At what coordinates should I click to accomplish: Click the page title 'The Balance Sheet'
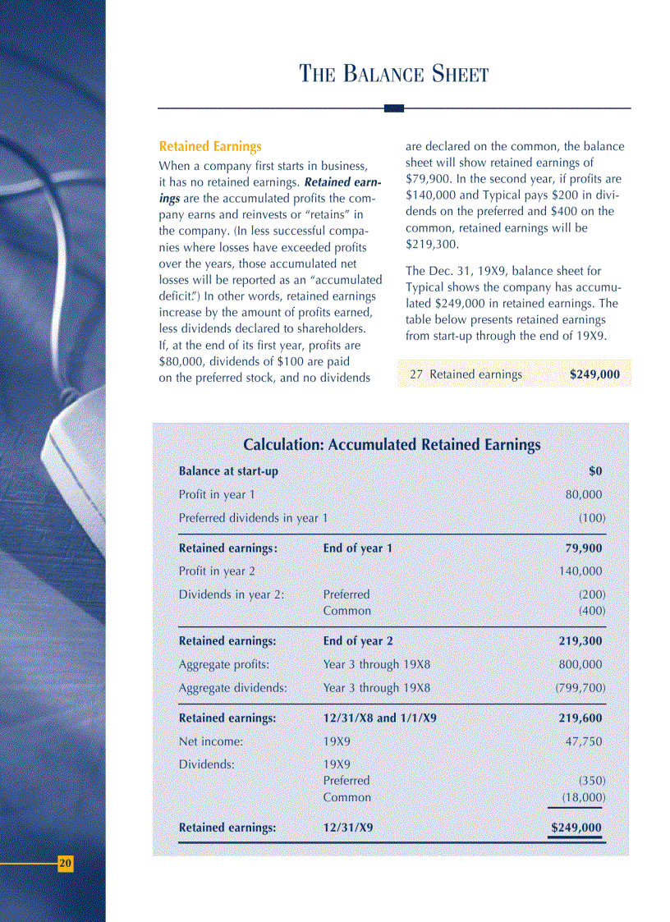coord(394,75)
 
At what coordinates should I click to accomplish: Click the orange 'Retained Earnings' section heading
coord(210,147)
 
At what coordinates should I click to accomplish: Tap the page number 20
coord(66,863)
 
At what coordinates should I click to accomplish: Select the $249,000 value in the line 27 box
coord(594,374)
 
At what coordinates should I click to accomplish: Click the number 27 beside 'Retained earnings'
coord(416,374)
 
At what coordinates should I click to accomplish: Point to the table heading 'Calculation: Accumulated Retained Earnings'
coord(392,445)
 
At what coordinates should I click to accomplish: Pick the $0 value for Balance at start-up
coord(595,471)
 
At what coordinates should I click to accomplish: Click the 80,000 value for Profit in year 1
coord(584,494)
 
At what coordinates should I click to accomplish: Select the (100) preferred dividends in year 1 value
coord(592,518)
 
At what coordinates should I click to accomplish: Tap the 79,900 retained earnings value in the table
coord(583,548)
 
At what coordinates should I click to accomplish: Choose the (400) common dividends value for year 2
coord(592,611)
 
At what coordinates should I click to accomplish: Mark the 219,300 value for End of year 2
coord(581,641)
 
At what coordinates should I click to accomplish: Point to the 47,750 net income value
coord(584,741)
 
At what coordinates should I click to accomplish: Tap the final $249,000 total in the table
coord(576,828)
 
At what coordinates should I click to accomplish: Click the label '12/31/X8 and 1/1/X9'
coord(379,718)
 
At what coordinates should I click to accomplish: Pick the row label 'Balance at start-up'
coord(228,471)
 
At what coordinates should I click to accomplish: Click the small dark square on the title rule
coord(394,108)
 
